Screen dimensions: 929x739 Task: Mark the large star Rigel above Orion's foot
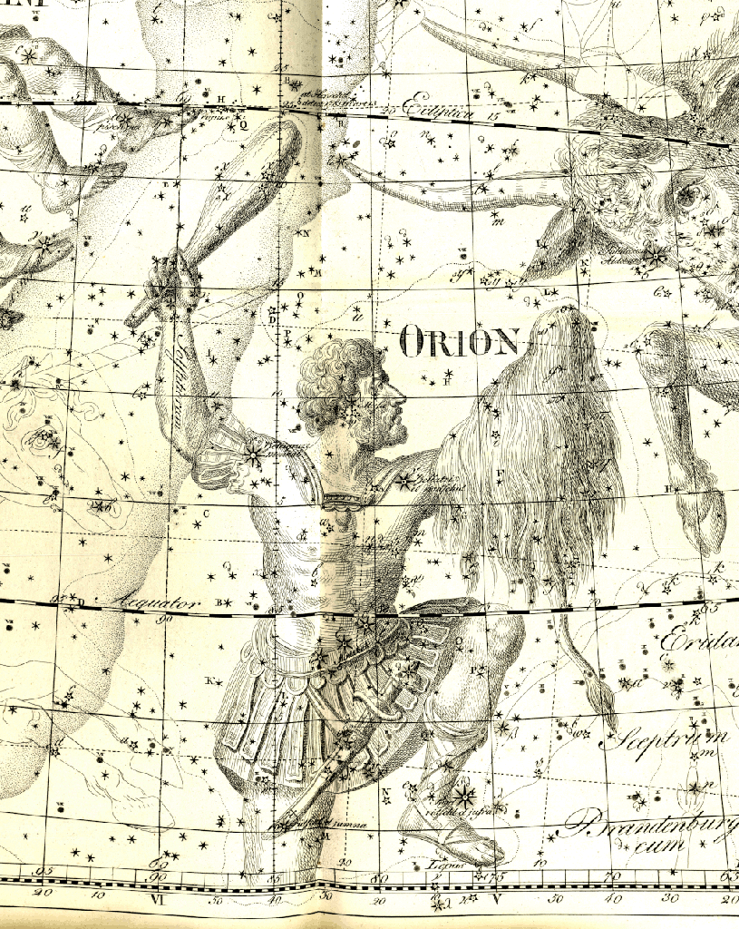point(463,797)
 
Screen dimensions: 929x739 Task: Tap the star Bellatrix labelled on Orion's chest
point(404,479)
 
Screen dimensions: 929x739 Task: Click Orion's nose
point(403,396)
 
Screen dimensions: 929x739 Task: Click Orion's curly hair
point(335,381)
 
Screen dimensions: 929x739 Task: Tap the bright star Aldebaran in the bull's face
point(655,258)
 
